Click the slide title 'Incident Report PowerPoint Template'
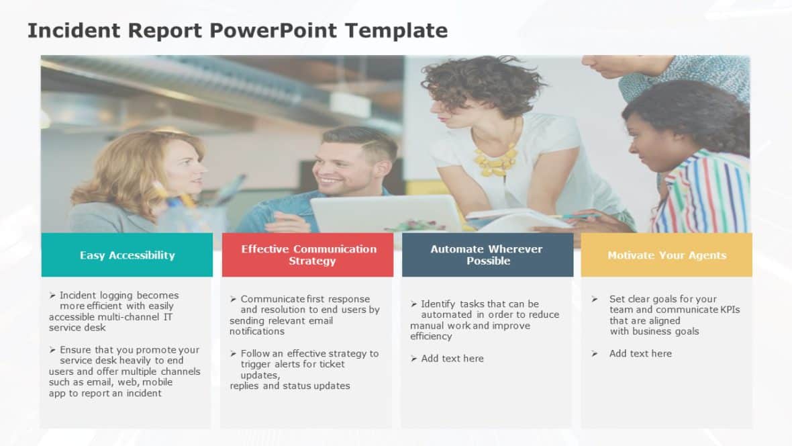click(238, 30)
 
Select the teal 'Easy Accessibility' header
click(127, 255)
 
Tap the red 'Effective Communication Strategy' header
click(309, 255)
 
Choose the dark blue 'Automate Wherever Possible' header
click(487, 255)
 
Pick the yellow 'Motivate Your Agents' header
click(666, 255)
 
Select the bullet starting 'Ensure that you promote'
click(124, 371)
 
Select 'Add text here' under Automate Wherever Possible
click(452, 359)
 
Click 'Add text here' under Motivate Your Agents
click(640, 353)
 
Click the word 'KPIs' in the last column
click(729, 310)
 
